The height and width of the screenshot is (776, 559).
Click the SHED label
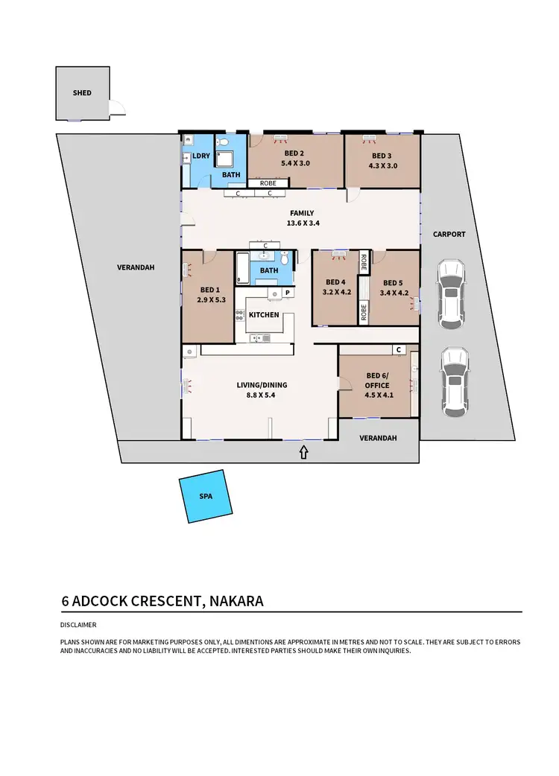(82, 93)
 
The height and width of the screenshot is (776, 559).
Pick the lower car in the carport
(453, 381)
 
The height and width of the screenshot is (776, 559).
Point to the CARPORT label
(449, 234)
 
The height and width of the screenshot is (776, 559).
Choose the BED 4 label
(335, 282)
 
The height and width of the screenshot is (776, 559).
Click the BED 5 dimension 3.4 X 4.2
(393, 292)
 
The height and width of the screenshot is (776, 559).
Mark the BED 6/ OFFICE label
(378, 380)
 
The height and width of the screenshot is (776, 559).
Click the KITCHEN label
(264, 314)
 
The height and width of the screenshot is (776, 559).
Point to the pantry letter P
(286, 294)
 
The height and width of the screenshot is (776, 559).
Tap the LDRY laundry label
(201, 156)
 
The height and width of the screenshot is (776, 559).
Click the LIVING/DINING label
(262, 385)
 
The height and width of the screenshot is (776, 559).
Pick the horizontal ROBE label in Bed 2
(268, 182)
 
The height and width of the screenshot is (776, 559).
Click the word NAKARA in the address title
(236, 600)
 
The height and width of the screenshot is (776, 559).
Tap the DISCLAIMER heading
(79, 625)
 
